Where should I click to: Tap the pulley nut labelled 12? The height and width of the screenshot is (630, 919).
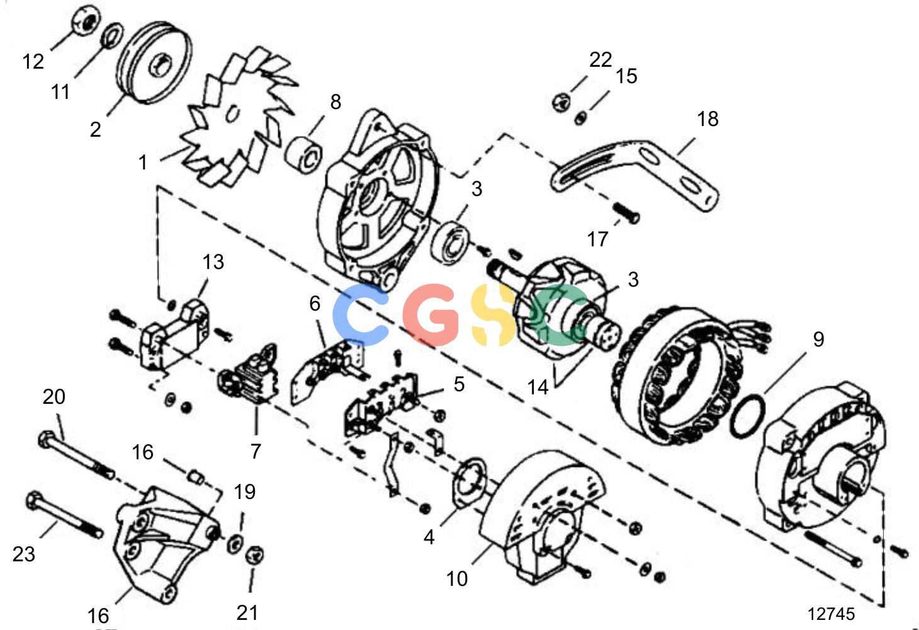click(86, 21)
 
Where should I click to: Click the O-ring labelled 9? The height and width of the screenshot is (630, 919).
click(748, 416)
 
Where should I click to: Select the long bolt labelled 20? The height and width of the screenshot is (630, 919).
click(76, 456)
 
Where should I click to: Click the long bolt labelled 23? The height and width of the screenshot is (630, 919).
click(64, 515)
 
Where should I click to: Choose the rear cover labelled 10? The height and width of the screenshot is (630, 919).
click(541, 517)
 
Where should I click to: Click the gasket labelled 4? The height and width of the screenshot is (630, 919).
click(468, 483)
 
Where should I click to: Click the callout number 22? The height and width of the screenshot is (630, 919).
click(600, 60)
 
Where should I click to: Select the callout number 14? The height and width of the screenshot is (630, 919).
click(538, 387)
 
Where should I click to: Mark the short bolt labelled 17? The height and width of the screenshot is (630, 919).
click(627, 214)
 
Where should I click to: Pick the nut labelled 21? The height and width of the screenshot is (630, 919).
click(254, 555)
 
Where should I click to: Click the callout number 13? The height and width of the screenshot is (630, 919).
click(213, 262)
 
